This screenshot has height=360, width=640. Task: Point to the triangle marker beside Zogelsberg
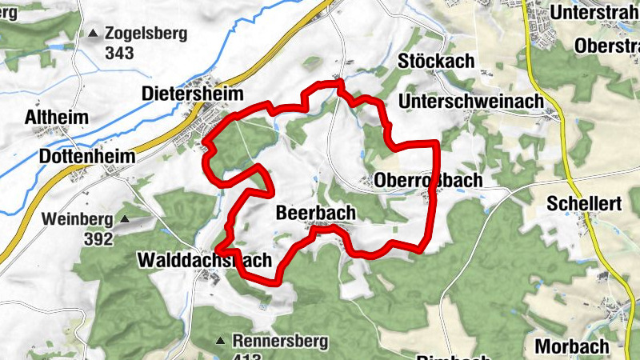click(94, 34)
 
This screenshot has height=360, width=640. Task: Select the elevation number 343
click(118, 54)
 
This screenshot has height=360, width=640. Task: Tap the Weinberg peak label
click(78, 218)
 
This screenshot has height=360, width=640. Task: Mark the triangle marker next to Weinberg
click(125, 218)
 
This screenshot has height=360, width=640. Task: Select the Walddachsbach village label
click(204, 261)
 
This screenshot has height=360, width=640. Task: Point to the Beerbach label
click(314, 213)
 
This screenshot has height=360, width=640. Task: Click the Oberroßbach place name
click(429, 181)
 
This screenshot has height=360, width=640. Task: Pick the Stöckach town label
click(436, 61)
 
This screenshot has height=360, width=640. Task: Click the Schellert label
click(585, 204)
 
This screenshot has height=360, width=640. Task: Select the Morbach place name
click(572, 347)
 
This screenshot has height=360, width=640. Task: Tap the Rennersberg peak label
click(280, 342)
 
